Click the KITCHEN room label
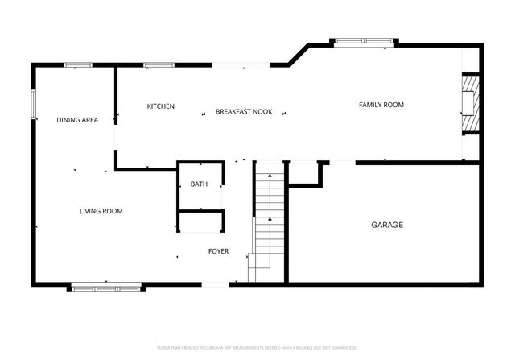pyautogui.click(x=160, y=107)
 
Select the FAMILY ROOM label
pyautogui.click(x=381, y=105)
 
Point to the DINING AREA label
pyautogui.click(x=77, y=120)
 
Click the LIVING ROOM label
pyautogui.click(x=101, y=211)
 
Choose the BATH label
pyautogui.click(x=199, y=184)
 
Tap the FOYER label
pyautogui.click(x=218, y=251)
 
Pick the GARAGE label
pyautogui.click(x=387, y=225)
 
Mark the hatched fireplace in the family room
pyautogui.click(x=468, y=102)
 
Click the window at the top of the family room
pyautogui.click(x=365, y=41)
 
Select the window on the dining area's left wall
pyautogui.click(x=34, y=105)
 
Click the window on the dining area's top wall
pyautogui.click(x=77, y=64)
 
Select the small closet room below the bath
pyautogui.click(x=200, y=221)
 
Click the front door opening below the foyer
pyautogui.click(x=215, y=283)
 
